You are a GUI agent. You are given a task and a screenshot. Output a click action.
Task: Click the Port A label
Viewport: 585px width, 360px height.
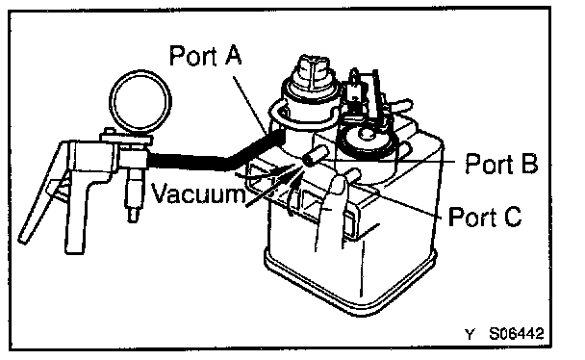point(206,56)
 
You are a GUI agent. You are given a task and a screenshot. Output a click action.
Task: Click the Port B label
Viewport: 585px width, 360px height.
point(501,164)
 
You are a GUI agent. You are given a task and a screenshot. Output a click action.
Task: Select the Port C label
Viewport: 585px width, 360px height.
point(485,217)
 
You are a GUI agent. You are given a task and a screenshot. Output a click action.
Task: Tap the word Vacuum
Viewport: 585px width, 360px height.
point(198,193)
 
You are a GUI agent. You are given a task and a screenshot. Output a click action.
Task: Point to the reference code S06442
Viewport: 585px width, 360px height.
point(517,333)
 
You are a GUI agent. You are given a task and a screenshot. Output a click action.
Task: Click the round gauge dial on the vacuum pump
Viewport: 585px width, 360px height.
point(140,101)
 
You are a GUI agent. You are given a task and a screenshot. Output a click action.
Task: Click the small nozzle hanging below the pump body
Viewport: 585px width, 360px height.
point(134,195)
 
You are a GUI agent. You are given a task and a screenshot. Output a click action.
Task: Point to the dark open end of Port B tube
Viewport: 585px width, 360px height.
point(308,161)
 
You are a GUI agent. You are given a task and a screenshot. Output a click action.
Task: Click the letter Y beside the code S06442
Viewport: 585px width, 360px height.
point(471,334)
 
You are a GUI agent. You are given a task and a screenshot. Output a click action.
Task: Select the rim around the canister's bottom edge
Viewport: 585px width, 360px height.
point(350,285)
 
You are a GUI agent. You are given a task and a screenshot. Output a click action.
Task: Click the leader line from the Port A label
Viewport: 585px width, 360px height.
point(250,105)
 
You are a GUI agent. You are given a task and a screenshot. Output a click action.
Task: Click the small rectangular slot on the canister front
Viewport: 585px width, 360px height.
point(350,224)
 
